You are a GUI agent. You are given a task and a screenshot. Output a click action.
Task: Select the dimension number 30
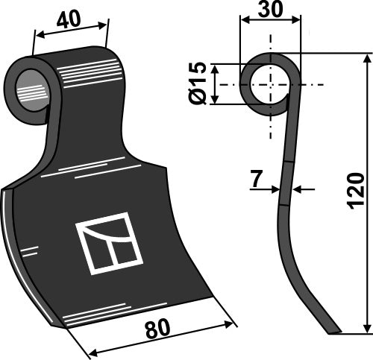coord(270,10)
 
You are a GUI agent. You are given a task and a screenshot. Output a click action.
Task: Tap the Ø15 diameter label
coord(198,85)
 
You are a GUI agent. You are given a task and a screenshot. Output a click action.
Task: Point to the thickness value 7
coord(256,180)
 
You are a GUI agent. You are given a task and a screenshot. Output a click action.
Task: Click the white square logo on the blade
coord(109,242)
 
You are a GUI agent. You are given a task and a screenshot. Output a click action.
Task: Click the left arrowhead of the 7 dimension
coord(277,189)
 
